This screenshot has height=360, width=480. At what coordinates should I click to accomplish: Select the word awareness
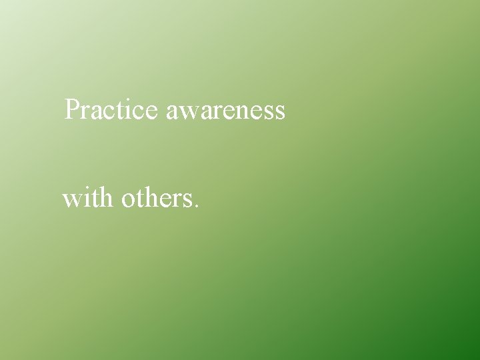click(225, 111)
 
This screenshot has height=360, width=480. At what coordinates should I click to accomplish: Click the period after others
click(195, 206)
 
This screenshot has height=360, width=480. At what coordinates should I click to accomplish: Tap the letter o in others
click(129, 200)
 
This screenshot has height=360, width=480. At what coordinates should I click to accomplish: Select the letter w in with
click(72, 200)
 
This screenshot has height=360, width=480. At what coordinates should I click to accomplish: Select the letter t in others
click(139, 199)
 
